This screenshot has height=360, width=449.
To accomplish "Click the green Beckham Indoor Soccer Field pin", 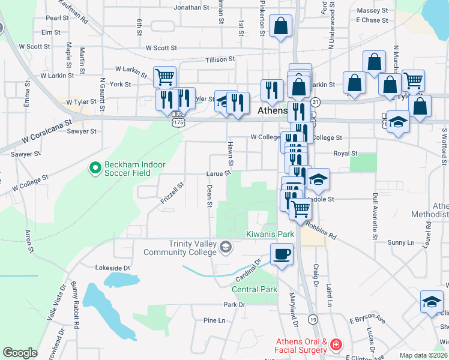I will [x=94, y=169].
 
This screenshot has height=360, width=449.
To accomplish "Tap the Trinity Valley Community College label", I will [x=179, y=248].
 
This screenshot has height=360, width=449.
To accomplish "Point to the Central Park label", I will [x=255, y=289].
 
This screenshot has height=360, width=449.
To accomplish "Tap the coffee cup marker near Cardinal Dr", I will [x=282, y=254].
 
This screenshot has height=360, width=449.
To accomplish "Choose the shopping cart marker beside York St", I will [x=164, y=77].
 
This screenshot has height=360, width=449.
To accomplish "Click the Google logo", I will [x=20, y=353].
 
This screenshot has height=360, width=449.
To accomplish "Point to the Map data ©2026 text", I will [x=424, y=355].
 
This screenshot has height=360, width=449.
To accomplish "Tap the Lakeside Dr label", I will [x=113, y=268].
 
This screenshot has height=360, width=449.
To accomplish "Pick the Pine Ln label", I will [x=214, y=320].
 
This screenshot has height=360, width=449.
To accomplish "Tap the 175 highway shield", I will [x=178, y=122].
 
